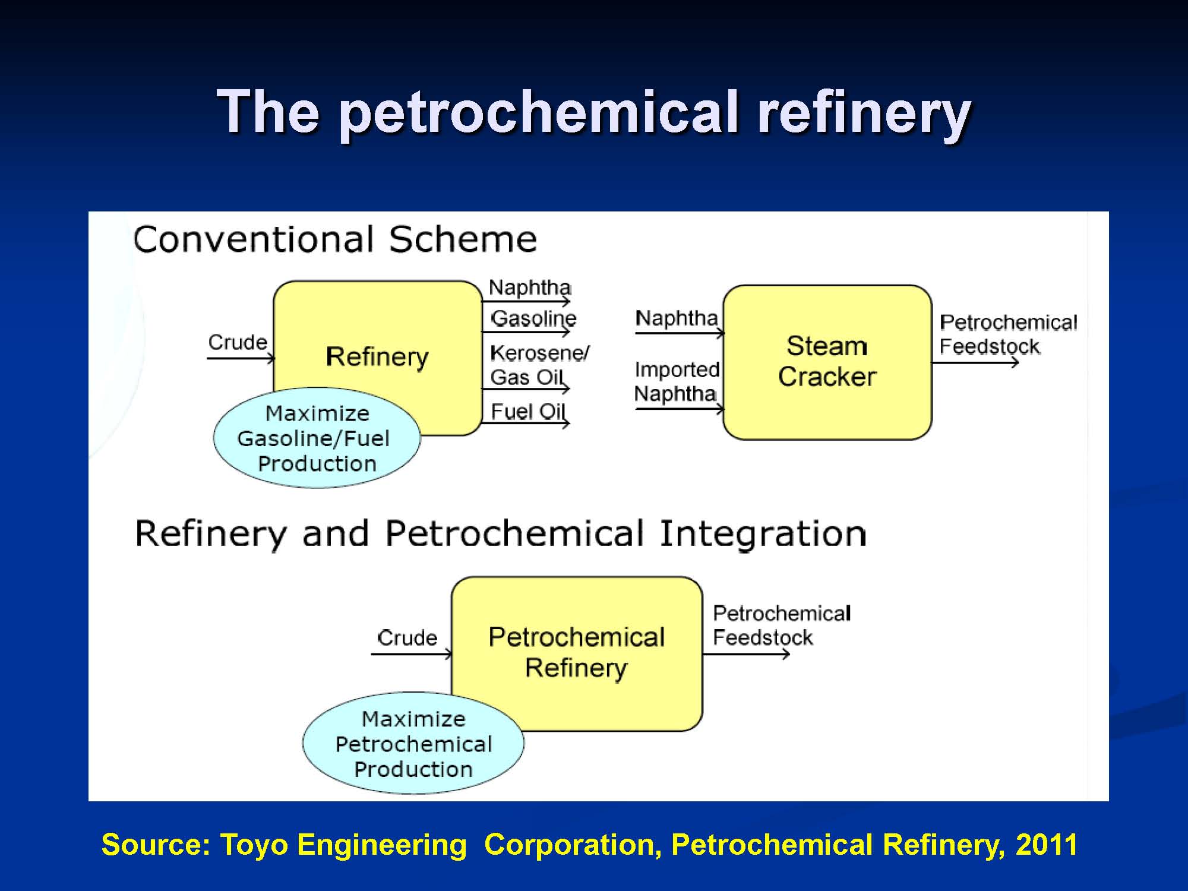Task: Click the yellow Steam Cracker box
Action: click(x=827, y=362)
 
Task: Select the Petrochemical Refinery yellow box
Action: click(x=577, y=653)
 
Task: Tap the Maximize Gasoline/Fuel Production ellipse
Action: click(x=317, y=438)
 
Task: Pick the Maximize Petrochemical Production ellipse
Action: click(x=413, y=743)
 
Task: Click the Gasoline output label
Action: click(x=533, y=318)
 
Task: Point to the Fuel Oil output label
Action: click(x=528, y=411)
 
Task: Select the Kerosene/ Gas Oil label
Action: click(x=539, y=365)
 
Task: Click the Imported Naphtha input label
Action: click(x=677, y=381)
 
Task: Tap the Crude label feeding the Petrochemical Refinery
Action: click(x=407, y=637)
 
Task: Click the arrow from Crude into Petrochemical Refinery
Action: click(x=412, y=654)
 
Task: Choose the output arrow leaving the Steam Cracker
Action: click(x=975, y=362)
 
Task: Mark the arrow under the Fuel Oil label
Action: click(x=526, y=423)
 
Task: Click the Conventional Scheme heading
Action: click(x=335, y=239)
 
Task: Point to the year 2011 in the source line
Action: click(x=1047, y=844)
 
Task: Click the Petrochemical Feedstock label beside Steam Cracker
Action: click(x=1008, y=334)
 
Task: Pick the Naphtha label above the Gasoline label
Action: click(x=530, y=287)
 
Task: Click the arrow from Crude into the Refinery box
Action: click(x=241, y=358)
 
